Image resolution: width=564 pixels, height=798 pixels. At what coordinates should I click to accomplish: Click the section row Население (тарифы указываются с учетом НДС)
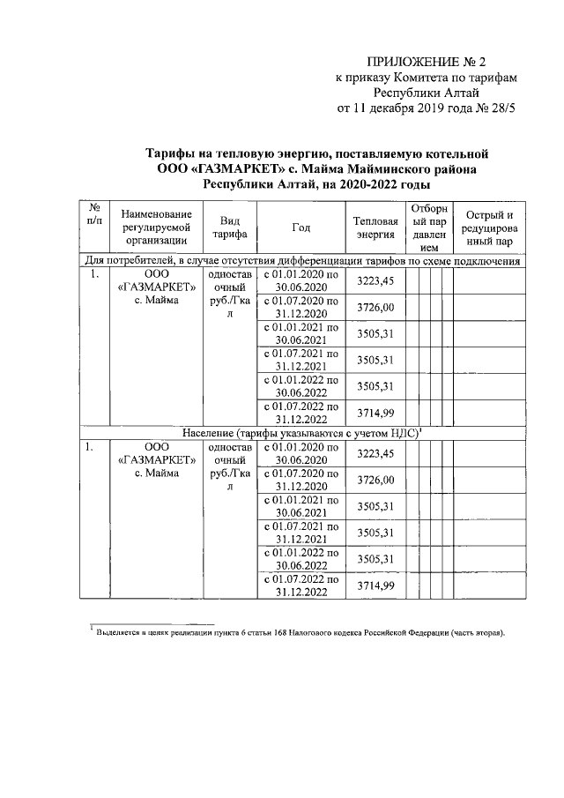(x=305, y=433)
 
